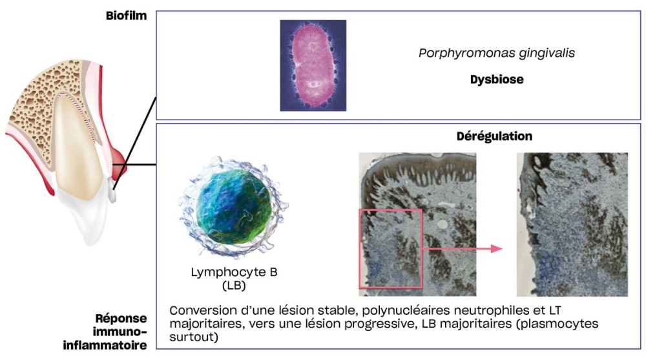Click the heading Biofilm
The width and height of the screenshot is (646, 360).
[x=127, y=16]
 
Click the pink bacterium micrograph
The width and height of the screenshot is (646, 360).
[x=313, y=65]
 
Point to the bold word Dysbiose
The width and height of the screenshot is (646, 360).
[x=495, y=80]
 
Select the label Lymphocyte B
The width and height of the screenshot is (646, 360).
[x=234, y=271]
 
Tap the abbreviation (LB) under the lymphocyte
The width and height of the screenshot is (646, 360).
[x=234, y=284]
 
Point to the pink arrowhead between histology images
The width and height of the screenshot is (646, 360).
[x=495, y=248]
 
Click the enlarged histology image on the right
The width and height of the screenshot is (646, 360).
[x=572, y=224]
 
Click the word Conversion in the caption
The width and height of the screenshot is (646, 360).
[x=200, y=310]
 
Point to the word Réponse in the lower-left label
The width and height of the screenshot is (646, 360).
[x=121, y=319]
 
